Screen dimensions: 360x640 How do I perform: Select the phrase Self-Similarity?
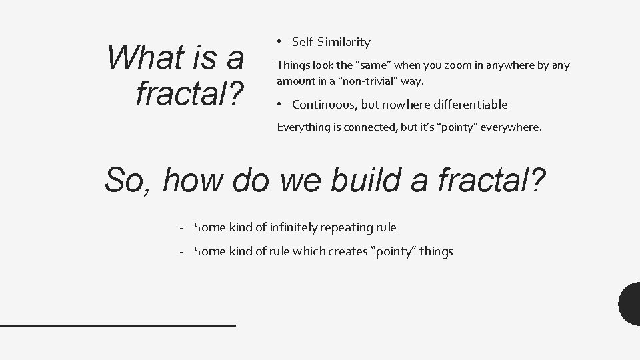(331, 42)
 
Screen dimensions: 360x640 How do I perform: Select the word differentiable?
(471, 105)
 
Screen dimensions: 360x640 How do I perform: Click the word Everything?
(304, 127)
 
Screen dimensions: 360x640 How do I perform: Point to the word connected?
(369, 127)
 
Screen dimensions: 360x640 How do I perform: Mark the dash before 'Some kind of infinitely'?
(181, 227)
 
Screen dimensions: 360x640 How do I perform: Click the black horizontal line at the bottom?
(118, 325)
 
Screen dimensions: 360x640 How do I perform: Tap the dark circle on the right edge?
(630, 304)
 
